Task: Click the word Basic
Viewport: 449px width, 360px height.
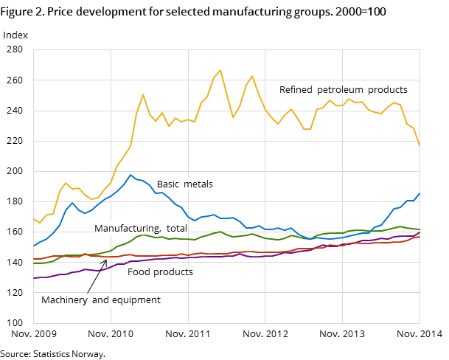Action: (169, 184)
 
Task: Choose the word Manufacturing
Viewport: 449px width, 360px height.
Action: (126, 229)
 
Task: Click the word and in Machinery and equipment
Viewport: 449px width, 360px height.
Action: (101, 300)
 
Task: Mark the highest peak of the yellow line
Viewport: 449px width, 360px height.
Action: (220, 70)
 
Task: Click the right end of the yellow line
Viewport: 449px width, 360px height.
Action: (420, 145)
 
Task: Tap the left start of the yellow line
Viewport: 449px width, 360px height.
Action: (34, 218)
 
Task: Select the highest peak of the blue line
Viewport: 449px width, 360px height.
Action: (130, 175)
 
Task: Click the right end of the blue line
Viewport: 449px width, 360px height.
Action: (420, 193)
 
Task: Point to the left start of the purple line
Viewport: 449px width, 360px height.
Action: (34, 278)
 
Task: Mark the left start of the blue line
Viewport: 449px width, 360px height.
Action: (34, 246)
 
